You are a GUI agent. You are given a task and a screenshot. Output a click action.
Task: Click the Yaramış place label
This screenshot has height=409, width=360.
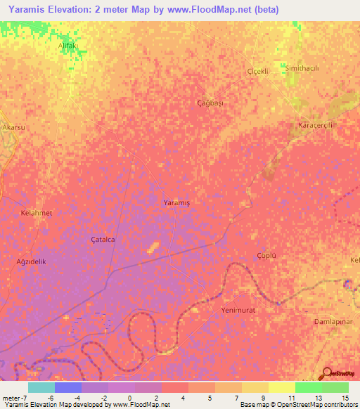pos(176,202)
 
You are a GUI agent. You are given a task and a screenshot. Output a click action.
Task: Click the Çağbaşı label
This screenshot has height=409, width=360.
pos(209,103)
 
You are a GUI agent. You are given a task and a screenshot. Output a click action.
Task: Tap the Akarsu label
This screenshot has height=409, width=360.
pos(14,127)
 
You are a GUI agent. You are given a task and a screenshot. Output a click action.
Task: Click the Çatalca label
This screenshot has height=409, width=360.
pos(103,239)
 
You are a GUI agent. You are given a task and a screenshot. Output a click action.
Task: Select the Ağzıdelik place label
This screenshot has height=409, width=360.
pos(31,261)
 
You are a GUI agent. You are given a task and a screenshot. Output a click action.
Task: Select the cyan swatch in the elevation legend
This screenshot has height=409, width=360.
pos(41,387)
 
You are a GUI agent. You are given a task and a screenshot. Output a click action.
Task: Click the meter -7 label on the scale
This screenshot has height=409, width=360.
pos(15,398)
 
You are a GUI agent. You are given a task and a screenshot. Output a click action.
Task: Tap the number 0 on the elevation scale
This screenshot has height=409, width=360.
pos(129,398)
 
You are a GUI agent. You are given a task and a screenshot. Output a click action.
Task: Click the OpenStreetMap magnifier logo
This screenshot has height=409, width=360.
pos(326,373)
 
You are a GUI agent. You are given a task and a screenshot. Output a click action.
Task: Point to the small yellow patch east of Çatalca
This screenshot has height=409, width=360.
pos(153,247)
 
